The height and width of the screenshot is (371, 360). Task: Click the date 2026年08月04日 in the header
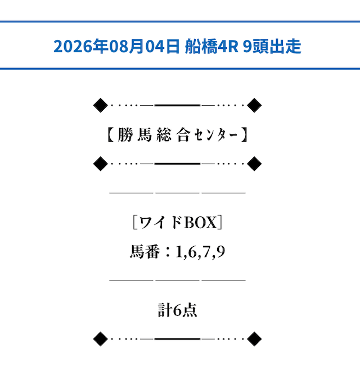pos(116,46)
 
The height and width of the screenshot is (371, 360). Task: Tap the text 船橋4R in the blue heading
pos(211,46)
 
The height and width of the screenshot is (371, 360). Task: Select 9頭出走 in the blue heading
pos(272,46)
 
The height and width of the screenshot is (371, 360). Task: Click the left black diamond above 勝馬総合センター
pos(101,105)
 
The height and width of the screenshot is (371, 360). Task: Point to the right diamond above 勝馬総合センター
pos(254,105)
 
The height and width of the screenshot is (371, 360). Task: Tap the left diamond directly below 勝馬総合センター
pos(101,164)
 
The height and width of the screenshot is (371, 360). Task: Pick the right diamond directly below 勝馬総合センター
pos(254,164)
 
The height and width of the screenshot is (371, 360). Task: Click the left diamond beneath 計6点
pos(101,339)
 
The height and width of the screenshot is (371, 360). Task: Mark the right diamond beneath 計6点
pos(254,339)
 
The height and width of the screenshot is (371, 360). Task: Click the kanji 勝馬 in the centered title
pos(134,135)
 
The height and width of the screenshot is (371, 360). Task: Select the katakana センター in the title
pos(215,135)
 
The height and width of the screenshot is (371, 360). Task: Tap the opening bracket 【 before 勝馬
pos(110,135)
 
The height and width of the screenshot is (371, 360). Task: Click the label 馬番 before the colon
pos(145,251)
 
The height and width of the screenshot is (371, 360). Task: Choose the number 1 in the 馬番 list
pos(179,251)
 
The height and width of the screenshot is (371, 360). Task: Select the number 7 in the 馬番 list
pos(206,251)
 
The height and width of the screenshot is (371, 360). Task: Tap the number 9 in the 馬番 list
pos(220,251)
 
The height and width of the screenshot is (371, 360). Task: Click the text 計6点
pos(177,310)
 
